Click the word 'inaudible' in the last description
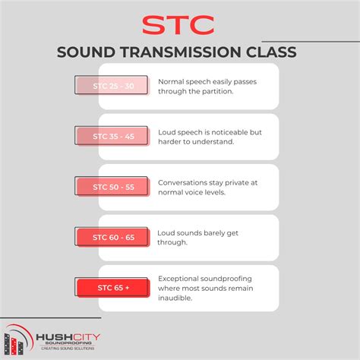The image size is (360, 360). click(x=177, y=298)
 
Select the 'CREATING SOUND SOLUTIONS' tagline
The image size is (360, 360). click(x=69, y=349)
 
